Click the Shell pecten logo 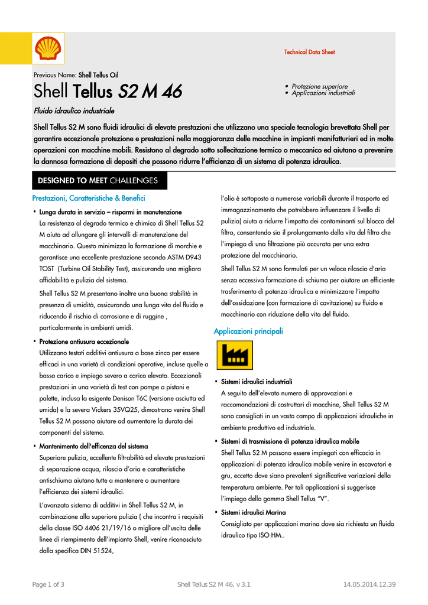point(48,48)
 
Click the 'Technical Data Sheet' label point(309,52)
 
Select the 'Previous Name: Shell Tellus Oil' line point(76,75)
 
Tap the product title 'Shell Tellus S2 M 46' point(108,92)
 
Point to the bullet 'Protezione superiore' point(319,86)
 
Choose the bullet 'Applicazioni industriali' point(323,93)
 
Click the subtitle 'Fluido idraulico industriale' point(74,111)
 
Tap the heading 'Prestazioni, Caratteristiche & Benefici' point(89,199)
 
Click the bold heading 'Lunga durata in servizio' point(111,212)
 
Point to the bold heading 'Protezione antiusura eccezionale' point(84,341)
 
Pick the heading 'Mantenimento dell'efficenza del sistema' point(93,446)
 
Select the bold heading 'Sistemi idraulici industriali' point(257,382)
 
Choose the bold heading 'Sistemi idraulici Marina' point(253,512)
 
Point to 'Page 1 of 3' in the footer point(48,585)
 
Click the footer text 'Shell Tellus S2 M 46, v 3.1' point(214,585)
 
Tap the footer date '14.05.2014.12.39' point(369,585)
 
